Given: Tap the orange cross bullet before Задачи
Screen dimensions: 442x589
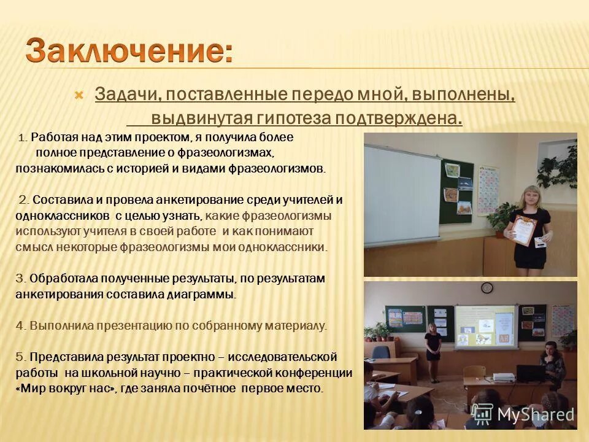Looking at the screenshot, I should coord(78,95).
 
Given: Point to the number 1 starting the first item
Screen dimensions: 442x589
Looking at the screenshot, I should coord(22,138).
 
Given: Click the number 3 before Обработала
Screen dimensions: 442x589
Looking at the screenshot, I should coord(20,279).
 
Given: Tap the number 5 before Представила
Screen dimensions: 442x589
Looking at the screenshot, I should coord(20,357).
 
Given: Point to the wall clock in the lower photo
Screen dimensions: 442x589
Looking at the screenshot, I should coord(487,287).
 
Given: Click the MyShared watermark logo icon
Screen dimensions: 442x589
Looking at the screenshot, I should coord(483,414).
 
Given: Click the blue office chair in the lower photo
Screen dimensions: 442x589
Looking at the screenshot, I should coord(381,355).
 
